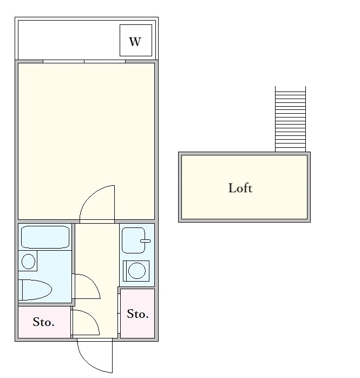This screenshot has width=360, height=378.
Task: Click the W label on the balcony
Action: tap(135, 41)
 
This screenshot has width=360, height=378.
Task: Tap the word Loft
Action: tap(240, 188)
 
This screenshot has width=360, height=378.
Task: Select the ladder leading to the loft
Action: tap(290, 119)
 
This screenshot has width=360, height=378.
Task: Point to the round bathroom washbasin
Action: tap(28, 262)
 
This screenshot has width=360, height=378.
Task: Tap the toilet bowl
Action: tap(35, 290)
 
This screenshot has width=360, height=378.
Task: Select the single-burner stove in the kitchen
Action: tap(138, 271)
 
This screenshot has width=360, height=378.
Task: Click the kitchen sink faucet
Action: tap(145, 240)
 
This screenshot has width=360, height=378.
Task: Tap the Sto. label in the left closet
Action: tap(43, 322)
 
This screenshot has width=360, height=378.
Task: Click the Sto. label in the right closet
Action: tap(138, 314)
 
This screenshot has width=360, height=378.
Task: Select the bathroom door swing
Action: tap(87, 286)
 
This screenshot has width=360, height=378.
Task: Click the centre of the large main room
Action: tap(87, 141)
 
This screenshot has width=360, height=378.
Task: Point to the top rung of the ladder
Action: tap(290, 89)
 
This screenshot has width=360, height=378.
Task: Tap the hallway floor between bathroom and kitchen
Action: tap(96, 255)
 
